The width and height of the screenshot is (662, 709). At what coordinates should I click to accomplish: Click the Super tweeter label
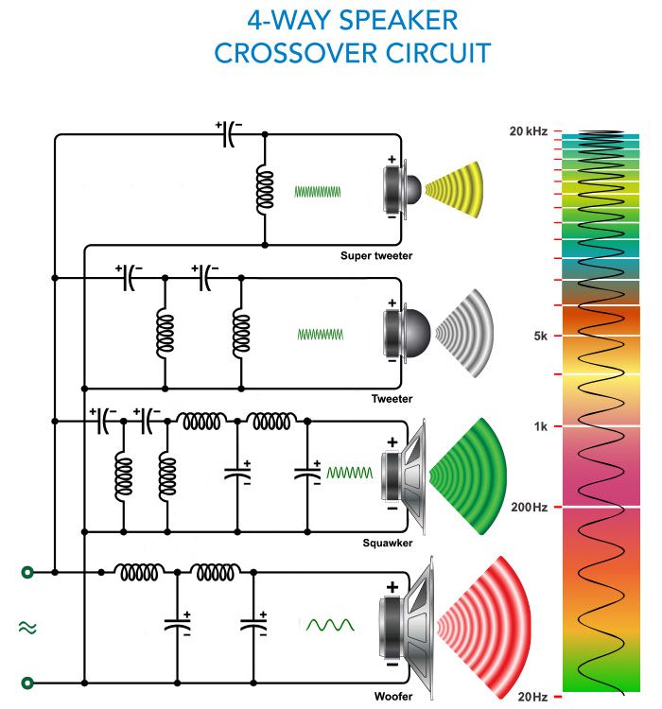point(376,255)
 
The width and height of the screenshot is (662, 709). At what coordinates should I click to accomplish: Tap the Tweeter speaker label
point(392,399)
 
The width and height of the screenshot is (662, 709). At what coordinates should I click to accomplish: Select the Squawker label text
point(387,543)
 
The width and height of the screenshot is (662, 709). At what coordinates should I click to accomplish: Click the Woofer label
point(392,697)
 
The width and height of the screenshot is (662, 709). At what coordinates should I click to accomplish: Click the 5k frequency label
point(539,336)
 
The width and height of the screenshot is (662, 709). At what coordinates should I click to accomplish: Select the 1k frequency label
point(540,426)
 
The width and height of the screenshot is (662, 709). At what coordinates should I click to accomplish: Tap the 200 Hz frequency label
point(531,508)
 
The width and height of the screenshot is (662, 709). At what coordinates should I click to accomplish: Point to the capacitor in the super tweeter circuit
point(230,135)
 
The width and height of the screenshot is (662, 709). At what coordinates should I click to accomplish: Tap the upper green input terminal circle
point(27,572)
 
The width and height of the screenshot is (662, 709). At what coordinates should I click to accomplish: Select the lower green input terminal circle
point(27,682)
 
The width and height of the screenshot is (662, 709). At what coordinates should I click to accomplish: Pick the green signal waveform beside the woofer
point(329,625)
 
